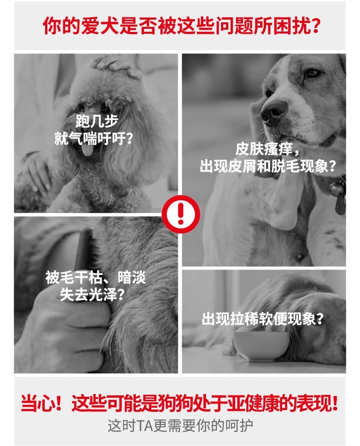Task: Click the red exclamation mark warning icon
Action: click(181, 214)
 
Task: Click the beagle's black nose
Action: click(273, 113)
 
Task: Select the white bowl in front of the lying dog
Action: click(261, 346)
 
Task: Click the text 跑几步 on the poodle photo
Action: click(97, 121)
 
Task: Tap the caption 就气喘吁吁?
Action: click(93, 139)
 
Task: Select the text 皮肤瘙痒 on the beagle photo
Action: click(264, 149)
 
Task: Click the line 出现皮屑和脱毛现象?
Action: click(268, 166)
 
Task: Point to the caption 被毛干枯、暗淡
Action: click(96, 277)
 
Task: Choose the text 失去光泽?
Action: click(92, 295)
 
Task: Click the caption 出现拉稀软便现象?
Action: click(263, 319)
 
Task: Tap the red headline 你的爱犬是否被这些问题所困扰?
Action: click(182, 26)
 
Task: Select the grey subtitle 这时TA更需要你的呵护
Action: click(180, 425)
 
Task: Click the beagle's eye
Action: click(311, 73)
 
